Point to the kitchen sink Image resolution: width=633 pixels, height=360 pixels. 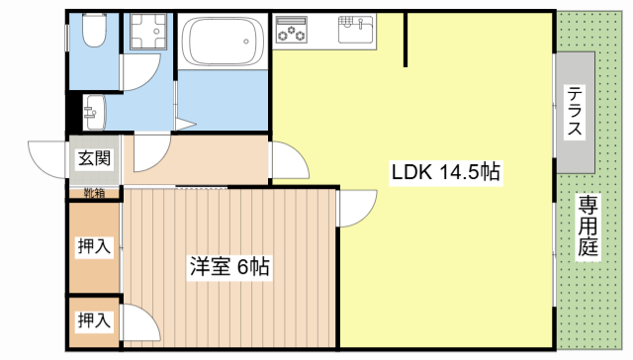pyautogui.click(x=354, y=30)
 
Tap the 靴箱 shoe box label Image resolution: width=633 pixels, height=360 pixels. pyautogui.click(x=94, y=192)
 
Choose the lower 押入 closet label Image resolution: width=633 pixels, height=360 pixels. pyautogui.click(x=94, y=320)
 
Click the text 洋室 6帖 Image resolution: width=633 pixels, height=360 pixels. pyautogui.click(x=229, y=266)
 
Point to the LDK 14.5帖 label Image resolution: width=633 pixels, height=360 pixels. pyautogui.click(x=447, y=171)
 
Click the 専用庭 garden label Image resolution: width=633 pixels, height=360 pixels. pyautogui.click(x=588, y=226)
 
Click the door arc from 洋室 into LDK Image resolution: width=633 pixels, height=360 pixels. pyautogui.click(x=356, y=209)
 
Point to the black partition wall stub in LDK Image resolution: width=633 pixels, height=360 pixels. pyautogui.click(x=406, y=40)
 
